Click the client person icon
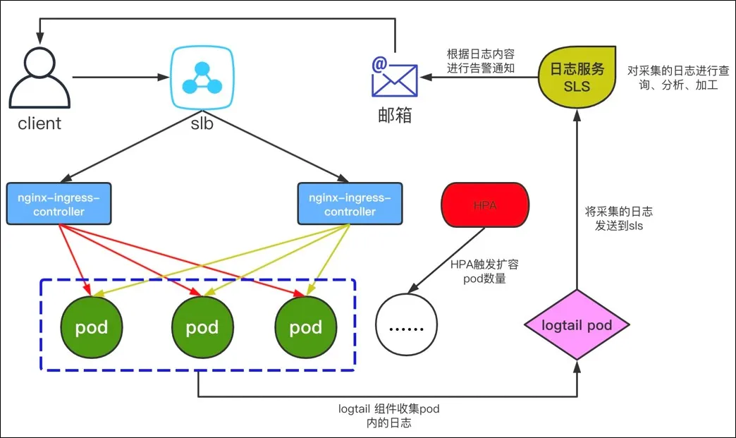point(39,79)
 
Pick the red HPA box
point(484,205)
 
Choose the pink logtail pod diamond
point(577,325)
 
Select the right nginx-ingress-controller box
point(350,204)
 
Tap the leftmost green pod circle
point(91,327)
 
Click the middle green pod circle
point(202,327)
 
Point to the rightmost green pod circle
point(305,327)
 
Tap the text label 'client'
point(39,123)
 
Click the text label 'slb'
point(202,123)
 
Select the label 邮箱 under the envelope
point(394,115)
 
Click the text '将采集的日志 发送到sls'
point(618,218)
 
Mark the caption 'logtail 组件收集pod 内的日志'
point(389,415)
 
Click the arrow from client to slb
point(120,77)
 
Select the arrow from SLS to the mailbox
point(479,77)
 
